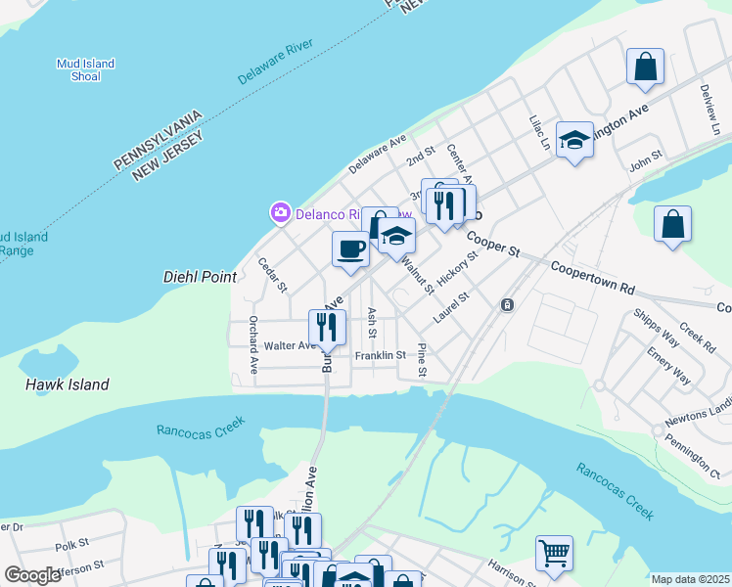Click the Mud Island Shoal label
pyautogui.click(x=85, y=69)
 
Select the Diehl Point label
pyautogui.click(x=200, y=277)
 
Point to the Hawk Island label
pyautogui.click(x=67, y=384)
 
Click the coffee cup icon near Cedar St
pyautogui.click(x=350, y=248)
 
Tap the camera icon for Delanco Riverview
pyautogui.click(x=281, y=211)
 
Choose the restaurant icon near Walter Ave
pyautogui.click(x=327, y=327)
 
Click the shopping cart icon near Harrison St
pyautogui.click(x=554, y=553)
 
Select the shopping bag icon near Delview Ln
pyautogui.click(x=645, y=67)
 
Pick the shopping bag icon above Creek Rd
pyautogui.click(x=673, y=224)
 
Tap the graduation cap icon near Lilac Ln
pyautogui.click(x=574, y=140)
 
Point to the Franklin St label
pyautogui.click(x=380, y=355)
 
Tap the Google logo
pyautogui.click(x=32, y=575)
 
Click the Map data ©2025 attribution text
pyautogui.click(x=690, y=579)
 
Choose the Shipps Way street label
pyautogui.click(x=656, y=329)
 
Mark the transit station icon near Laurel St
pyautogui.click(x=507, y=305)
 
